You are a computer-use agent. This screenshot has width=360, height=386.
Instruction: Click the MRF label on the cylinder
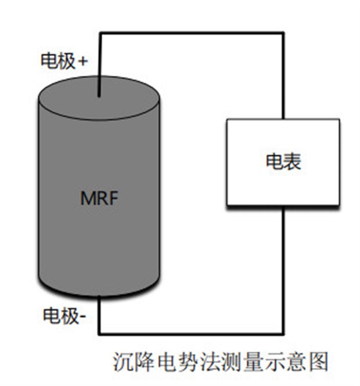99,198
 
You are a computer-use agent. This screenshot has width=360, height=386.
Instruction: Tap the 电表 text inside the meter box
283,161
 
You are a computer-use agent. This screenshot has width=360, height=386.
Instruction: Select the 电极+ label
64,60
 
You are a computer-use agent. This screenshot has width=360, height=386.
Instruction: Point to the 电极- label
64,315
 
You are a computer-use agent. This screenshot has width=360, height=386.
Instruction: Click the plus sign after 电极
82,61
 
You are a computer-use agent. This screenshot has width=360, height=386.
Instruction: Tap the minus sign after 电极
82,317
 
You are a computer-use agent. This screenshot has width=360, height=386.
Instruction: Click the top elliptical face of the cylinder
99,98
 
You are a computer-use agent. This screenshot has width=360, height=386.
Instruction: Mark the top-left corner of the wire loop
100,33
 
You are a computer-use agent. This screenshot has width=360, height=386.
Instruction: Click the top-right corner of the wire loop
283,33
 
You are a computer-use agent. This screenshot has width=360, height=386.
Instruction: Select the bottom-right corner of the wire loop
283,333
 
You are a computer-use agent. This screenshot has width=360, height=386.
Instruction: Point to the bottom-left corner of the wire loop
100,333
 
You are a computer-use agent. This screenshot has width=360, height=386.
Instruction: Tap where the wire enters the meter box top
283,119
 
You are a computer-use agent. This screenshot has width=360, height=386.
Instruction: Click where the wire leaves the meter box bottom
283,207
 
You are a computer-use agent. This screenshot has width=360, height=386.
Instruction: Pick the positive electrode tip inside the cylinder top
99,95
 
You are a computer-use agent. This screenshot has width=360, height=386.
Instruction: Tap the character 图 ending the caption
318,362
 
